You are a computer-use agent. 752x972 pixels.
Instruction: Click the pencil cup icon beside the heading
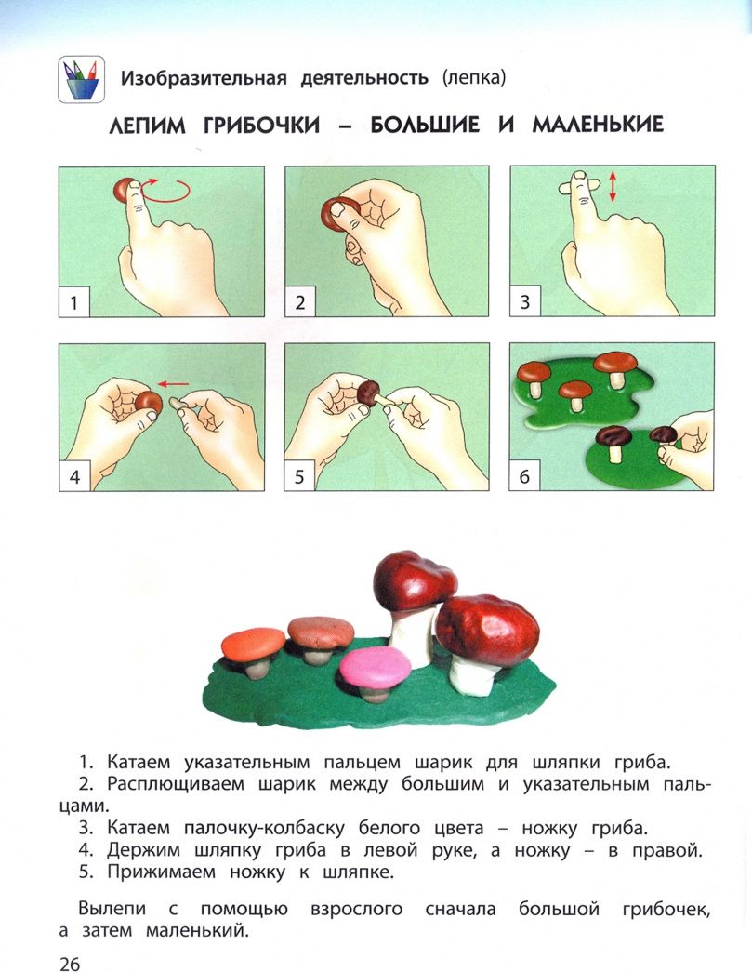pyautogui.click(x=81, y=79)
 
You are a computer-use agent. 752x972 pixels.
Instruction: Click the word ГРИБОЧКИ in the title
pyautogui.click(x=261, y=126)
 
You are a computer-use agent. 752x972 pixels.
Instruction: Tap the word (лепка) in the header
pyautogui.click(x=474, y=78)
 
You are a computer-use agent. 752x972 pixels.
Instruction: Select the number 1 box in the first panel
pyautogui.click(x=74, y=302)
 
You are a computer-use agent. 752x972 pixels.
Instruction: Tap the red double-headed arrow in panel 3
pyautogui.click(x=613, y=187)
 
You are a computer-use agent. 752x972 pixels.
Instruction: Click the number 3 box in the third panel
pyautogui.click(x=525, y=301)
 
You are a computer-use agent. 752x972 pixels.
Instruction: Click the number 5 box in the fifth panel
pyautogui.click(x=299, y=476)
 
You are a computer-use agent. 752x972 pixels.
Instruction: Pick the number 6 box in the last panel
pyautogui.click(x=524, y=476)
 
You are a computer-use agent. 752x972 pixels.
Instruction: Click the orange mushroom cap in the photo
pyautogui.click(x=254, y=644)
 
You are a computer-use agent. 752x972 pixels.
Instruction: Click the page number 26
pyautogui.click(x=70, y=963)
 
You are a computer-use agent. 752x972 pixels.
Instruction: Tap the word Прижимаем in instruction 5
pyautogui.click(x=161, y=872)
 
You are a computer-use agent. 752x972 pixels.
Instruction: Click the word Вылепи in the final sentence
pyautogui.click(x=112, y=910)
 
